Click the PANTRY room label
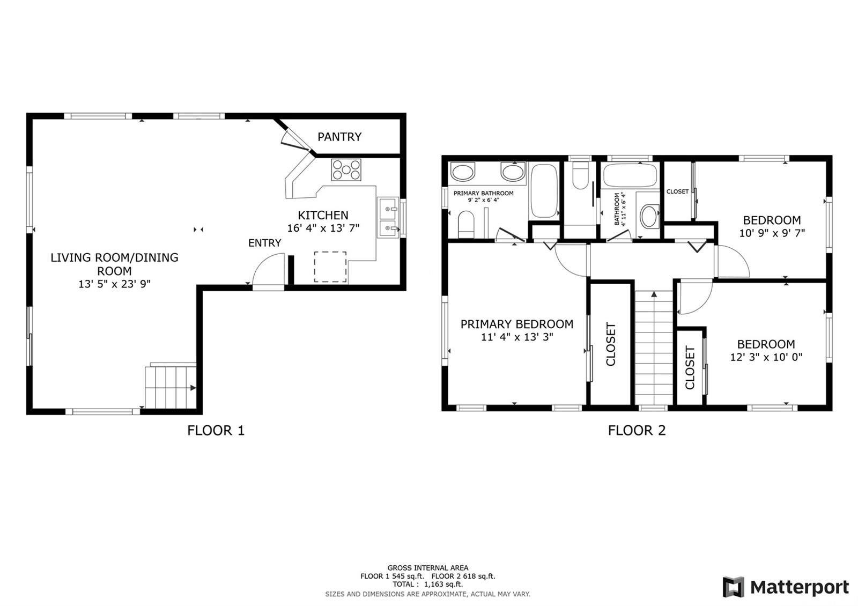click(x=339, y=137)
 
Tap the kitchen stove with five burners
click(x=346, y=169)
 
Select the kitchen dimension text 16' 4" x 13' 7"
click(x=323, y=228)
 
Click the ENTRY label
click(x=265, y=243)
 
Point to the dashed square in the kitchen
click(x=330, y=267)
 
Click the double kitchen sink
click(x=388, y=218)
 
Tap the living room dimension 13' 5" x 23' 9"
click(x=115, y=284)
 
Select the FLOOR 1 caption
click(x=216, y=431)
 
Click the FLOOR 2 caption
click(x=637, y=431)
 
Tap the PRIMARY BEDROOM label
click(x=517, y=324)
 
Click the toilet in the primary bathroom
click(x=466, y=224)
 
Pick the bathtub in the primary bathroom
click(x=544, y=191)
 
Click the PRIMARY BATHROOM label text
click(x=483, y=194)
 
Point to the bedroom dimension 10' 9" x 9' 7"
click(x=772, y=233)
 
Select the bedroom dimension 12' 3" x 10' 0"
click(x=766, y=357)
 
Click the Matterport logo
click(x=786, y=587)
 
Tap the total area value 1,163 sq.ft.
click(x=443, y=584)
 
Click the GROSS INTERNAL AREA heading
click(x=428, y=568)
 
